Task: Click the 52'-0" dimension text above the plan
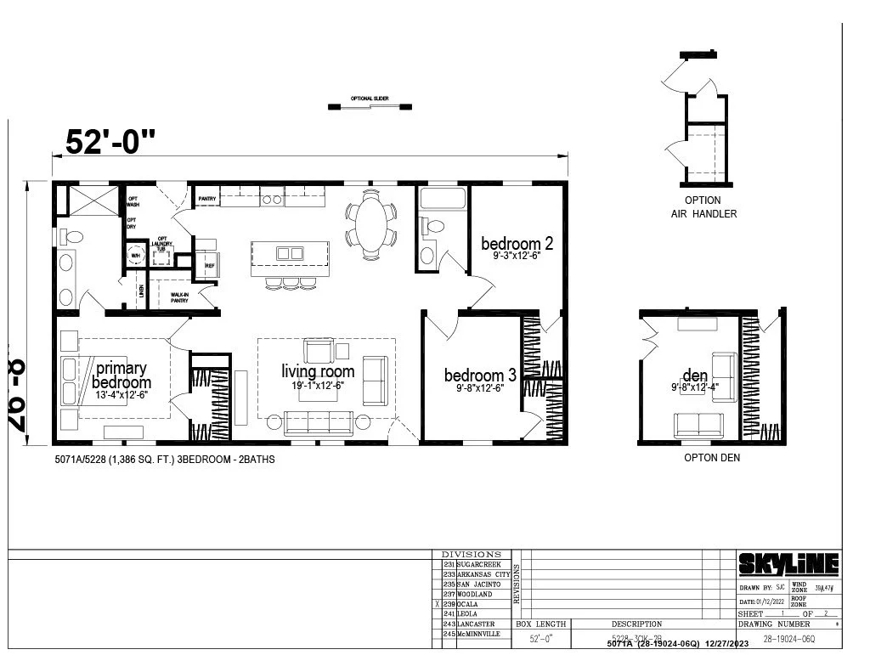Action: point(110,142)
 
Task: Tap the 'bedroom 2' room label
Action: point(517,244)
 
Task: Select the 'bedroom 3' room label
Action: point(480,376)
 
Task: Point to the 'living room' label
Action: point(318,371)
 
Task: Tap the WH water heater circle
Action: point(136,253)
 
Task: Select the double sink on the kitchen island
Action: point(290,253)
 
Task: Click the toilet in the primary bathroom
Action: point(71,237)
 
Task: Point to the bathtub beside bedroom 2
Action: point(442,199)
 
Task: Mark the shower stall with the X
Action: point(93,200)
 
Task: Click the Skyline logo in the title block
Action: point(788,564)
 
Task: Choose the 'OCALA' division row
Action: point(474,604)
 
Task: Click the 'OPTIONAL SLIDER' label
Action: point(370,99)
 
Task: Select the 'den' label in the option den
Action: point(695,376)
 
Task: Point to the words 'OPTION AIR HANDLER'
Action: point(703,207)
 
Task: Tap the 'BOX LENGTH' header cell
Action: point(540,624)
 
